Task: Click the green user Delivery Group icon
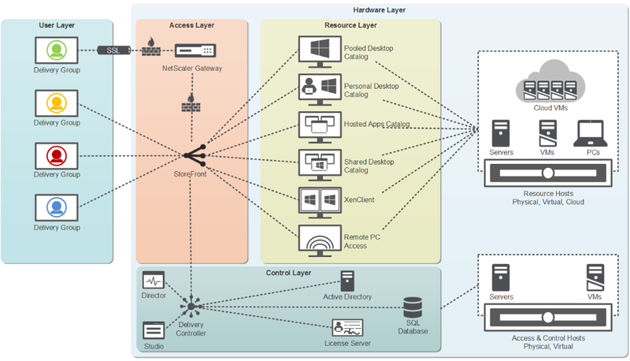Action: (x=57, y=51)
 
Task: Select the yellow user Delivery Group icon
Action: (x=57, y=103)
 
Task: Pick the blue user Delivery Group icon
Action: (x=57, y=208)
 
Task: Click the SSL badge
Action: (x=114, y=50)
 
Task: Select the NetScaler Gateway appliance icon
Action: (x=194, y=51)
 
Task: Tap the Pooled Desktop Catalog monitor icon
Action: (x=320, y=50)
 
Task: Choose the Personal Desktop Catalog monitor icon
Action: (x=320, y=87)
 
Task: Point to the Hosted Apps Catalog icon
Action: (x=320, y=125)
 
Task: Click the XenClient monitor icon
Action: (x=320, y=199)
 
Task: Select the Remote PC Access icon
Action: (x=320, y=238)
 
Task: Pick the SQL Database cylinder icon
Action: (x=413, y=308)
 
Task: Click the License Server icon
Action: (x=347, y=328)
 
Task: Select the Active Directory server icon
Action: (x=347, y=281)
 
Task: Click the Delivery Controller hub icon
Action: (x=191, y=306)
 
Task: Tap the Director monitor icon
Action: (x=153, y=281)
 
